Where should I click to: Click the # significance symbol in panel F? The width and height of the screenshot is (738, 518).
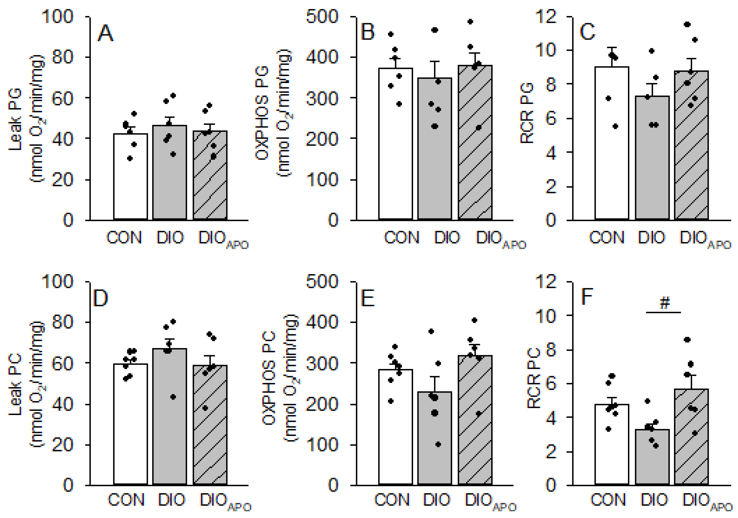(665, 303)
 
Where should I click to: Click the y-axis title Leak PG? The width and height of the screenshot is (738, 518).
(15, 120)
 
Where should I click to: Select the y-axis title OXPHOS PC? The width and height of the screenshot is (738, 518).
(269, 378)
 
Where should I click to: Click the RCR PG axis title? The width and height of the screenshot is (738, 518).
(527, 113)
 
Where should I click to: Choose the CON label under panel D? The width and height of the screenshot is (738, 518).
(126, 500)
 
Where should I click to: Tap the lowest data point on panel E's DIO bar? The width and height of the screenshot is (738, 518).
(438, 444)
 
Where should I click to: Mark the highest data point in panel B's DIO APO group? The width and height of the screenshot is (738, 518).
(470, 22)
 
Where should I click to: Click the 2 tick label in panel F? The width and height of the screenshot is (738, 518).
(551, 452)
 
